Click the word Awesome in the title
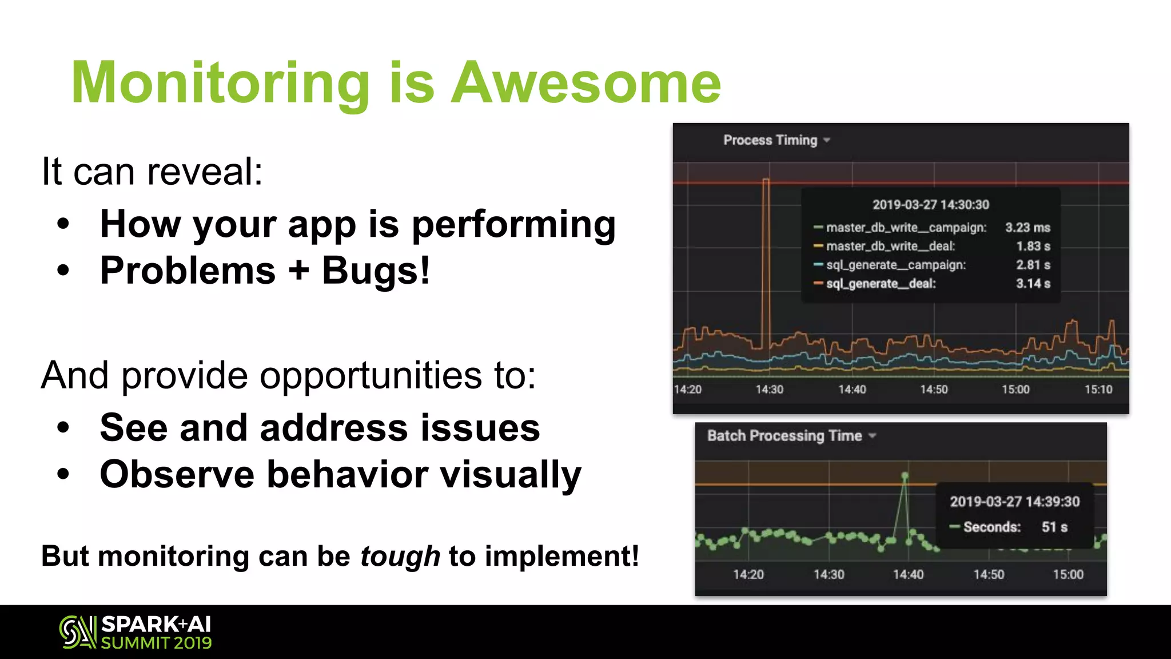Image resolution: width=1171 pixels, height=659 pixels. [586, 84]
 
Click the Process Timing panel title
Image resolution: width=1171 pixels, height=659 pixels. [770, 140]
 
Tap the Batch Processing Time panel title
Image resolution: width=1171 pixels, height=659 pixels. [784, 436]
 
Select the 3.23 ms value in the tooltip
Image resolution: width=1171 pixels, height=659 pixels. [1027, 228]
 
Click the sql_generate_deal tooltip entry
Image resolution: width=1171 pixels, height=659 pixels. [881, 284]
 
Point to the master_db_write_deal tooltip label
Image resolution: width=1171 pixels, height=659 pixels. [890, 247]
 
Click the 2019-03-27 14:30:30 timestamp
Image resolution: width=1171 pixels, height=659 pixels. [930, 205]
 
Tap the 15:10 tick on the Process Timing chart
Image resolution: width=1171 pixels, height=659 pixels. [1098, 390]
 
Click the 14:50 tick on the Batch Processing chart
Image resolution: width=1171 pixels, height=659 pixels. [989, 574]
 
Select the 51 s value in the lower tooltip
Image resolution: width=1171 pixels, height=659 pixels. [1054, 527]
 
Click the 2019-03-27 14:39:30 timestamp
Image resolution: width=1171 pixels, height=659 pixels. [1014, 502]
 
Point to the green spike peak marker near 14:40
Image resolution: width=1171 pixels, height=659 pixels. [905, 476]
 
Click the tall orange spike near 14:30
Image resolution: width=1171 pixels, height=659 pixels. [766, 257]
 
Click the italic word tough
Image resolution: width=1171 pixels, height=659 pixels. [400, 556]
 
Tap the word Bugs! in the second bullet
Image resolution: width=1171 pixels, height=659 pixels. [375, 271]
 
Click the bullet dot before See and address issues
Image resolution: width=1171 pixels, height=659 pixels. [63, 427]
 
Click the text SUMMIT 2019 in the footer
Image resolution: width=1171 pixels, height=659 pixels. [156, 643]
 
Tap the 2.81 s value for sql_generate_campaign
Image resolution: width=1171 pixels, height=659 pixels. [1033, 265]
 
